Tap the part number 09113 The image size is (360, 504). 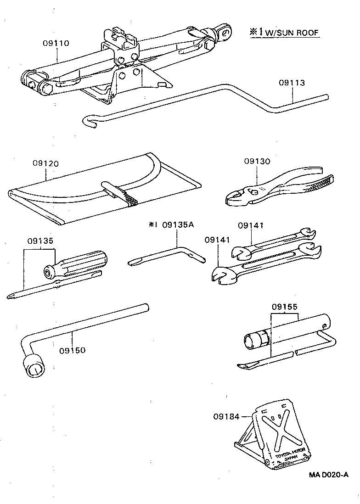(x=292, y=83)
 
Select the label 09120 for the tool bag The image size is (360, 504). (x=45, y=163)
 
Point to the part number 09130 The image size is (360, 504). (x=257, y=161)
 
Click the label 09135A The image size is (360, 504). (x=179, y=225)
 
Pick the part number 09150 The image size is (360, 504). (x=72, y=350)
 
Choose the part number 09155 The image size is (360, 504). (x=285, y=306)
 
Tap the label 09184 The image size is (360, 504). (x=225, y=416)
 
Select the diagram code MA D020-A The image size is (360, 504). (x=328, y=474)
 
